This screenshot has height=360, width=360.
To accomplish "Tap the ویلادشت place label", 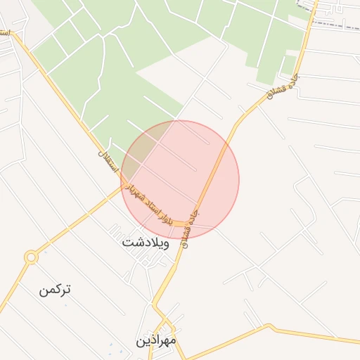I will point(146,244).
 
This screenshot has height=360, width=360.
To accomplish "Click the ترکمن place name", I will point(56,289).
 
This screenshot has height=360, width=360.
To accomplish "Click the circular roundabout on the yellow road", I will point(30,258).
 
